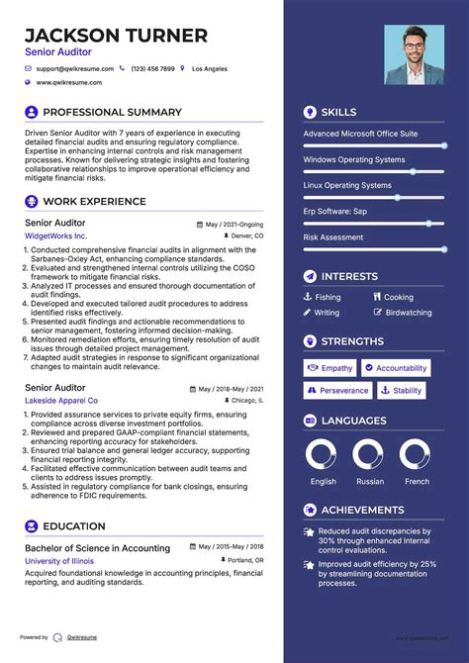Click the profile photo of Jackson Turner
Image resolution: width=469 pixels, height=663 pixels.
[414, 54]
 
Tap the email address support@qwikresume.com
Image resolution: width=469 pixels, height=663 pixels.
[75, 69]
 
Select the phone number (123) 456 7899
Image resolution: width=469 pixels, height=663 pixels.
[152, 69]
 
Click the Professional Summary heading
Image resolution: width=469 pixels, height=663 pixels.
[112, 112]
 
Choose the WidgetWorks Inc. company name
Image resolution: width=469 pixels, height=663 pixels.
[55, 237]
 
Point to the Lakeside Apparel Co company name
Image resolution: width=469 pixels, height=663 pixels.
[61, 401]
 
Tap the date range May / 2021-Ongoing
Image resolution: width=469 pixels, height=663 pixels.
[234, 225]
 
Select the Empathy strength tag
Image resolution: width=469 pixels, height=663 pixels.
[330, 368]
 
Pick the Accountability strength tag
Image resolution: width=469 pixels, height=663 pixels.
[395, 368]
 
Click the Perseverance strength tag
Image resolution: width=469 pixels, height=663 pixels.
[337, 391]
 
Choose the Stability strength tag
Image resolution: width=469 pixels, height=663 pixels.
[402, 391]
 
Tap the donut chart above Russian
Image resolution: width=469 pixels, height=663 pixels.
[369, 455]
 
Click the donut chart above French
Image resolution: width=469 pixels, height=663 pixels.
[416, 455]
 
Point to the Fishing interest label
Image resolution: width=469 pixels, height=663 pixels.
[328, 297]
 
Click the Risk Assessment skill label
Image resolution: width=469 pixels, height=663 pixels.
[333, 237]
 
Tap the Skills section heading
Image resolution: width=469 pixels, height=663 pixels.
[338, 112]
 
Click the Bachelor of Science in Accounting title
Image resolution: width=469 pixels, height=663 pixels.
[97, 548]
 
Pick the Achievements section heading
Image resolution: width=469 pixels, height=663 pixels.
[362, 511]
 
